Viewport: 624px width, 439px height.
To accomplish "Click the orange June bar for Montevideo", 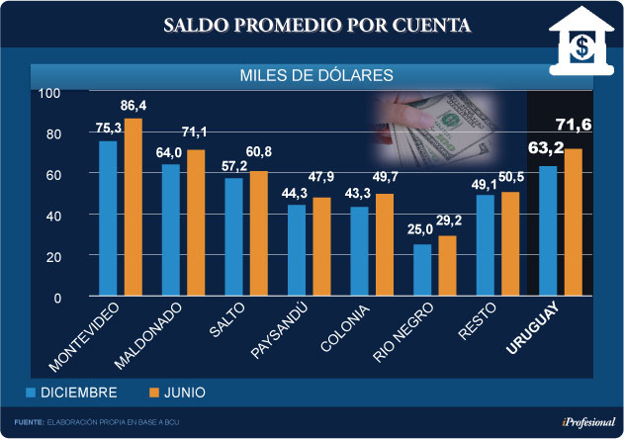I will coord(134,207).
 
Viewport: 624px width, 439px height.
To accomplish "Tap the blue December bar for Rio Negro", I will coord(422,270).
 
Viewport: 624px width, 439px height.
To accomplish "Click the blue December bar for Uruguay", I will coord(548,230).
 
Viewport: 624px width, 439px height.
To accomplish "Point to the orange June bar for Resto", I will coord(511,243).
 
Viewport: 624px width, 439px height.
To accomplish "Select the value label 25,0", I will coord(421,230).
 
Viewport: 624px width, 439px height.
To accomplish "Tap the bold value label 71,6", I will coord(574,124).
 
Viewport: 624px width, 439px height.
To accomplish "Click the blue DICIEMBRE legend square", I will coord(31,393).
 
